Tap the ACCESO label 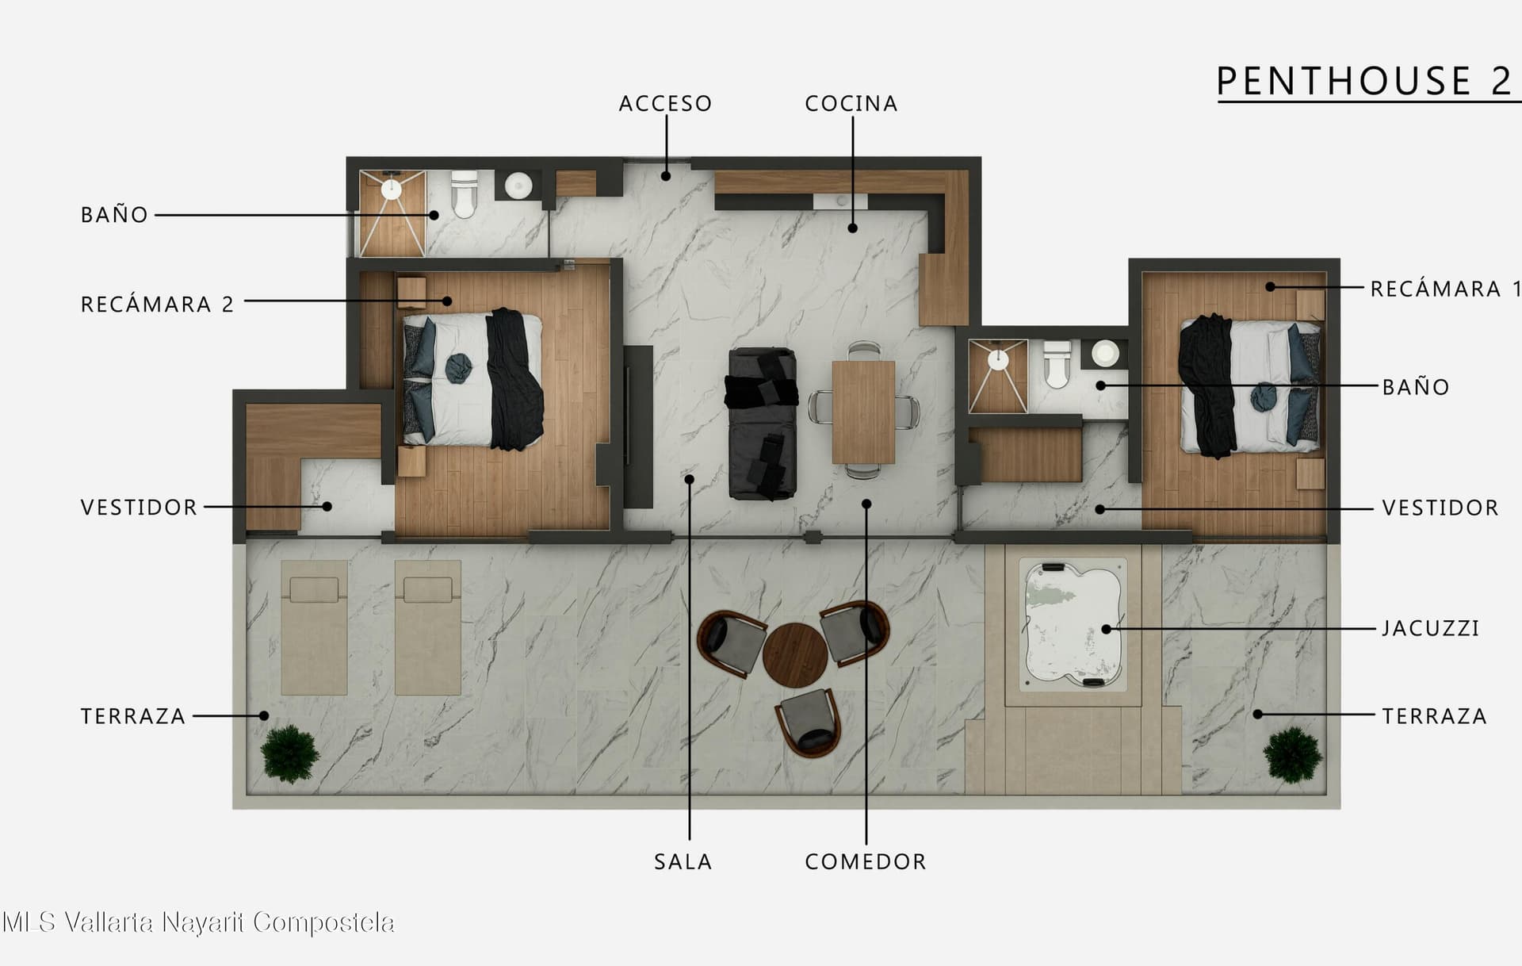[x=665, y=104]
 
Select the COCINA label [x=851, y=104]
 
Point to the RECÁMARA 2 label [x=157, y=304]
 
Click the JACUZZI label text [x=1431, y=628]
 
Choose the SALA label [x=683, y=862]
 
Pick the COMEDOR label [x=866, y=862]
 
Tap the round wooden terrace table [x=795, y=656]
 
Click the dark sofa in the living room [x=762, y=424]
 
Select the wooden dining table [x=863, y=412]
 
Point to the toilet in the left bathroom [x=464, y=194]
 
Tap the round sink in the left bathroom [x=518, y=186]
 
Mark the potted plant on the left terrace [x=290, y=753]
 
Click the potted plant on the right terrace [x=1292, y=755]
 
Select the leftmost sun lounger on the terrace [x=314, y=627]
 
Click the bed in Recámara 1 [x=1250, y=386]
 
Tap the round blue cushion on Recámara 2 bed [x=458, y=368]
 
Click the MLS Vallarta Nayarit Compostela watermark [x=198, y=922]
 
